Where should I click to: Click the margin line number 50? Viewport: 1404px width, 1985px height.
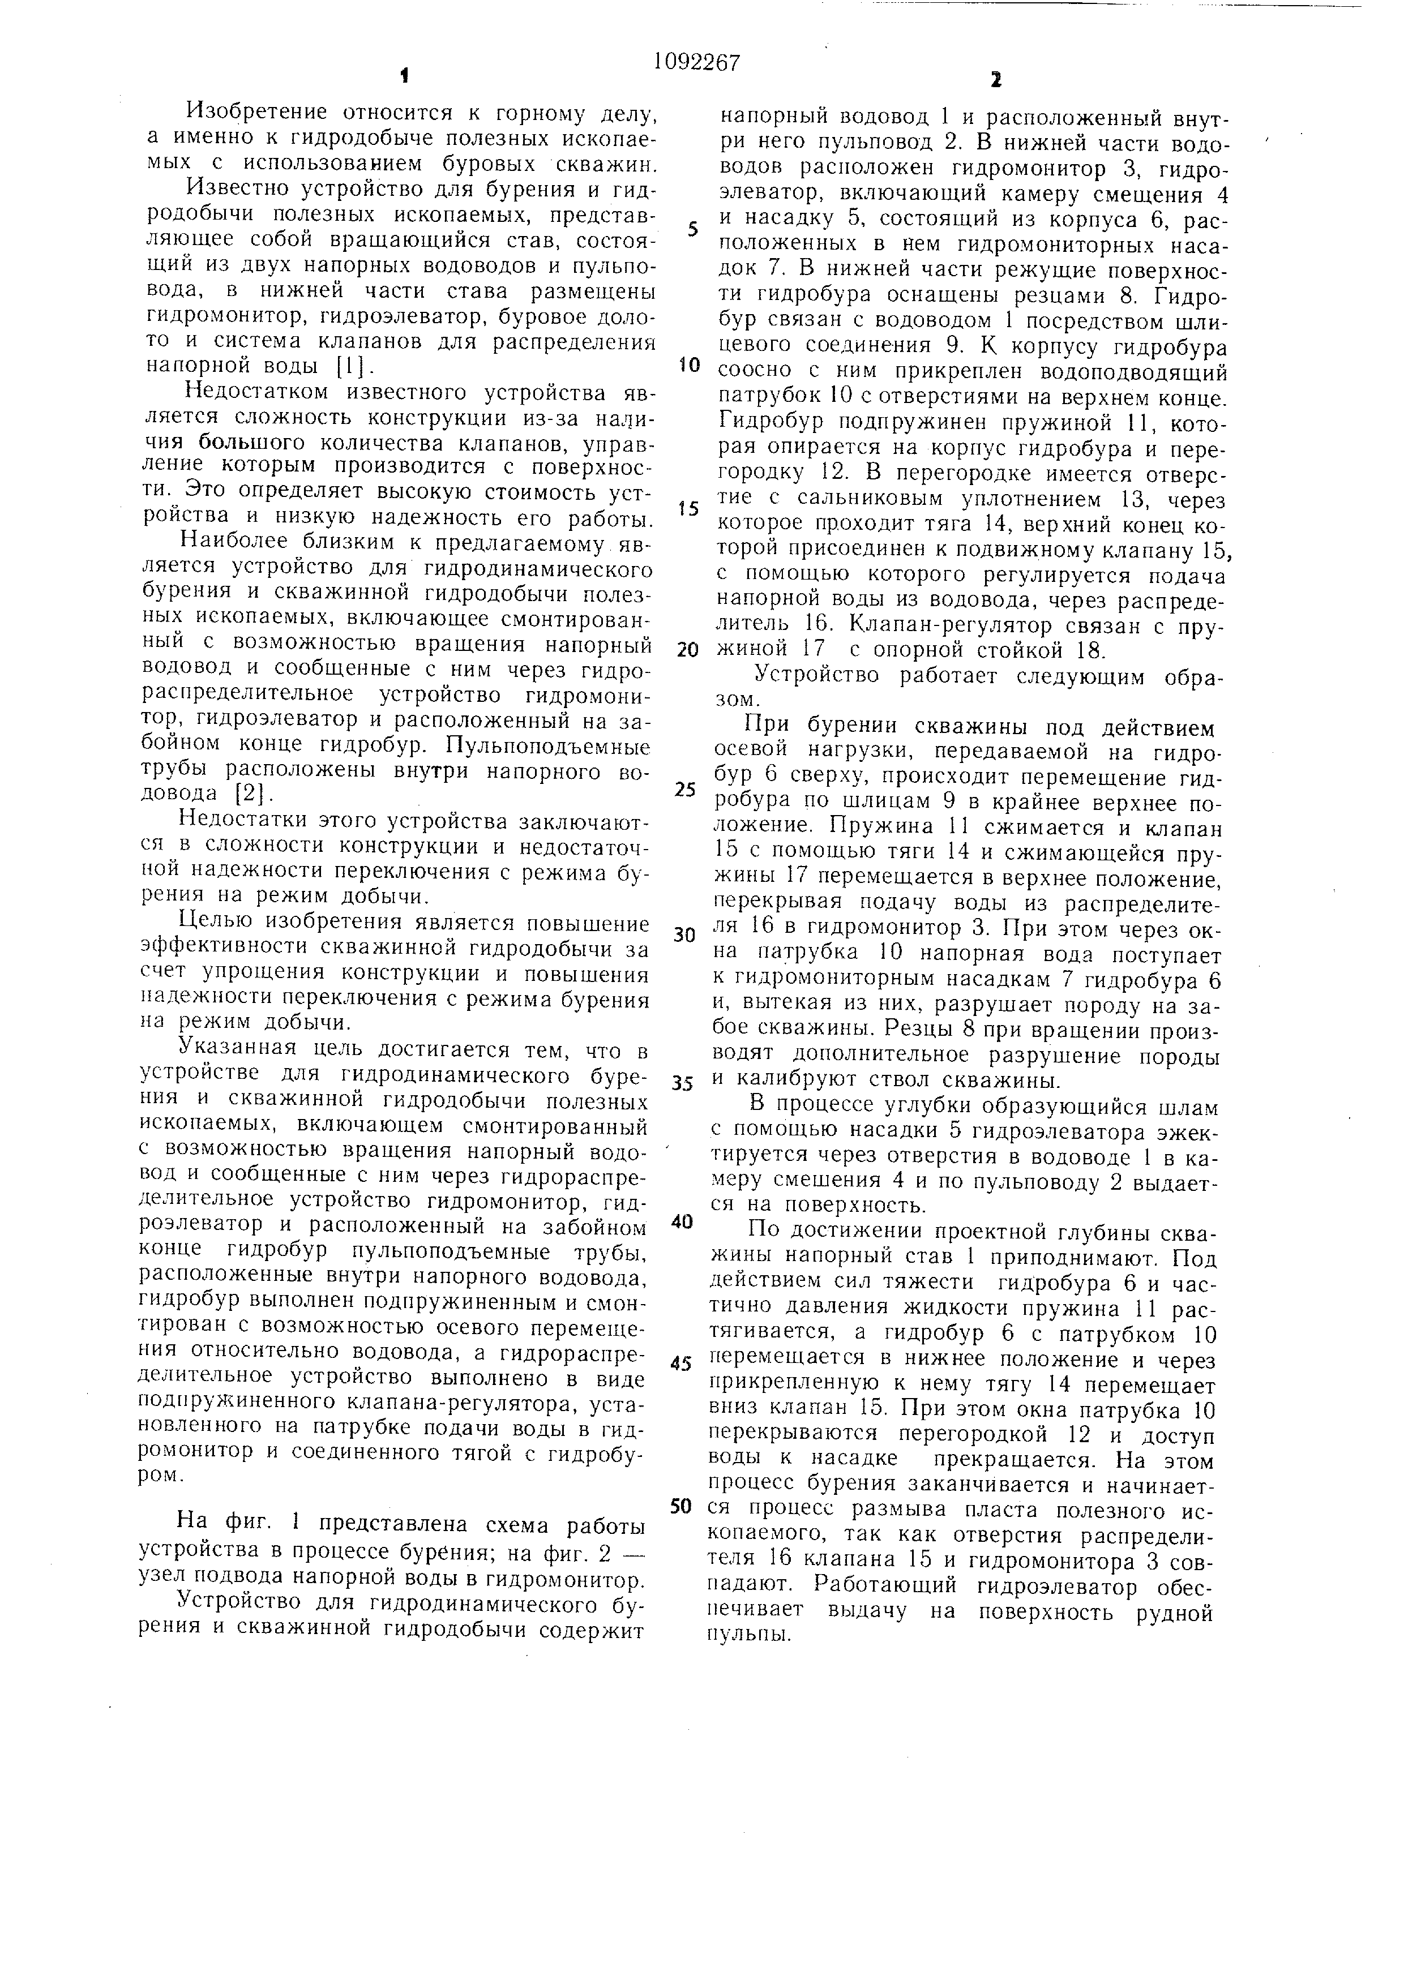pyautogui.click(x=683, y=1505)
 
